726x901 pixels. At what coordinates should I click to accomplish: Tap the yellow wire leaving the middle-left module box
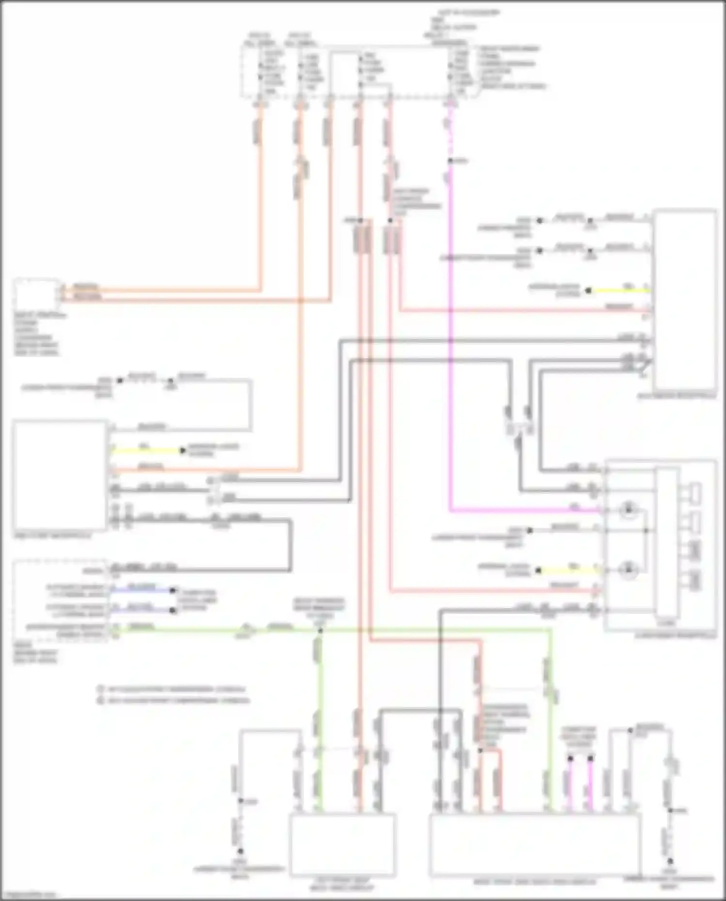tap(145, 451)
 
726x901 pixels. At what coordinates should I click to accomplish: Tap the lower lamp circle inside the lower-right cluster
tap(629, 570)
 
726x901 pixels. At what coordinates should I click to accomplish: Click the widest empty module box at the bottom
tap(535, 844)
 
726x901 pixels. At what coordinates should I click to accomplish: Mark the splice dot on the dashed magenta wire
tap(450, 161)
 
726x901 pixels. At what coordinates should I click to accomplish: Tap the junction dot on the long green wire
tap(320, 630)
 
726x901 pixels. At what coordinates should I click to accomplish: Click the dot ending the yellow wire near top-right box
tap(588, 291)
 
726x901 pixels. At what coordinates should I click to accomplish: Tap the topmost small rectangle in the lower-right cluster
tap(695, 492)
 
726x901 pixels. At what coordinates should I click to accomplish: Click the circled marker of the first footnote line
tap(100, 688)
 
